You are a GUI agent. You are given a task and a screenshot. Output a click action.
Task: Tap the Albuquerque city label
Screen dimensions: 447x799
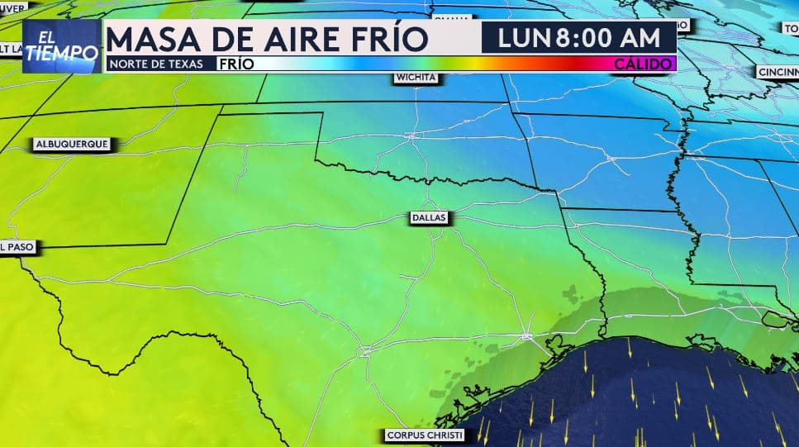(x=72, y=144)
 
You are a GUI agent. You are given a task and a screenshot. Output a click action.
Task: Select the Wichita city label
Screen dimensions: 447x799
(x=416, y=78)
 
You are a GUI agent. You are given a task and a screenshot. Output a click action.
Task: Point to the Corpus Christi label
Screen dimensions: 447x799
(x=425, y=435)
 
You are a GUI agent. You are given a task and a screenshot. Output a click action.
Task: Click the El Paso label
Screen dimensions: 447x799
(x=16, y=246)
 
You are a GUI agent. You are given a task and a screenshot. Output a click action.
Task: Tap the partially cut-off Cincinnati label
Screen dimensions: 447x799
(x=778, y=72)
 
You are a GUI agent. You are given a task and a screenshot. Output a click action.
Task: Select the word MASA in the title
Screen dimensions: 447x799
(x=154, y=39)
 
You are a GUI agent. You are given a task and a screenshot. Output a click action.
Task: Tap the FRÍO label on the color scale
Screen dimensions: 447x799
(x=237, y=64)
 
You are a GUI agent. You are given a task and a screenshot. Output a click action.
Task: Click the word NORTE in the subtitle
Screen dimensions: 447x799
(x=130, y=64)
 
